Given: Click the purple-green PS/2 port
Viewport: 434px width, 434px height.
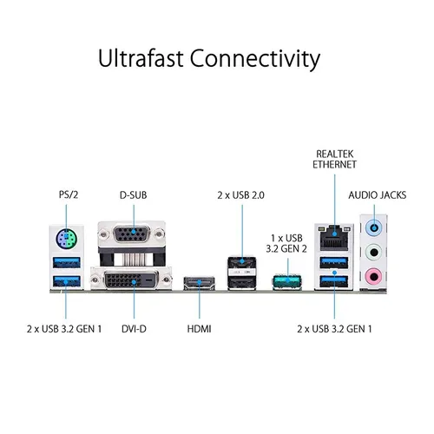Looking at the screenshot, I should point(63,240).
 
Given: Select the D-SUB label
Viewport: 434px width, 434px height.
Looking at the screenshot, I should point(133,194).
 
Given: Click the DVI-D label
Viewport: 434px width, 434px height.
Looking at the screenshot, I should point(133,329).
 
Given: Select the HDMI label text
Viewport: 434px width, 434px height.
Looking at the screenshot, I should point(199,329).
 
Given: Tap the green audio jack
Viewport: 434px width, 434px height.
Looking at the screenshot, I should point(373,254).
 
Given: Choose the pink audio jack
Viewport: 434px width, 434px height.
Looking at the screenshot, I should point(373,278).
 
